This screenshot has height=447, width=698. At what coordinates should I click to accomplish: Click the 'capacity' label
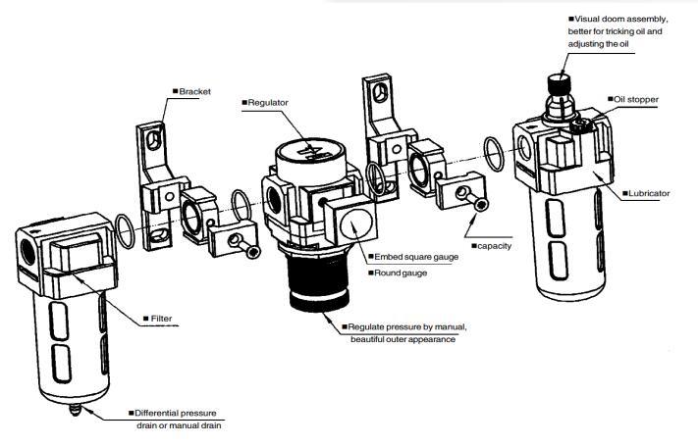tap(493, 245)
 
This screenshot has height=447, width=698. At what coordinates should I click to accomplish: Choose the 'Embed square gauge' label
tap(412, 258)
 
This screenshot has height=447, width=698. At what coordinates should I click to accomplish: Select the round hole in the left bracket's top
tap(150, 139)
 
